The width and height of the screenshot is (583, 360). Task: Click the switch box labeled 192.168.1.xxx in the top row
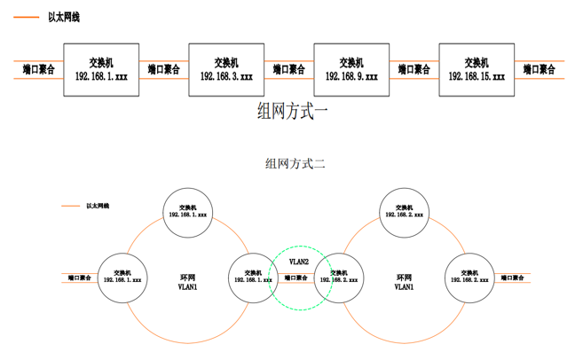[101, 69]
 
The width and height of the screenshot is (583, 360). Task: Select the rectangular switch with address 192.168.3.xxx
[226, 69]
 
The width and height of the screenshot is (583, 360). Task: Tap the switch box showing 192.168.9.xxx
[351, 69]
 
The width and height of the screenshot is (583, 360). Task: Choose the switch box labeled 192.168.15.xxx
[477, 69]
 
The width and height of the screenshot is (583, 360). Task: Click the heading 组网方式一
[292, 111]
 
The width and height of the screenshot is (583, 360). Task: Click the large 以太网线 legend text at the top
[63, 17]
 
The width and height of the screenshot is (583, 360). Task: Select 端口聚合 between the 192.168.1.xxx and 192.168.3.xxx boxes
[164, 69]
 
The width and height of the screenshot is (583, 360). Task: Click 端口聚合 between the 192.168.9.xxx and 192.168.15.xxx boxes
[414, 69]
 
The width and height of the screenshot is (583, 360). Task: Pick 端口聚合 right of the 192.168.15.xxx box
[540, 69]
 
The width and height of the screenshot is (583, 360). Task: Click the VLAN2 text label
[299, 262]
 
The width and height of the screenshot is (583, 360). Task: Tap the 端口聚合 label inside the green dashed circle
[295, 278]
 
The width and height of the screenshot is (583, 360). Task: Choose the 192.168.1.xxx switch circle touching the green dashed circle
[252, 276]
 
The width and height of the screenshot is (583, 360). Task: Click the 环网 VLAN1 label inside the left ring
[188, 282]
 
